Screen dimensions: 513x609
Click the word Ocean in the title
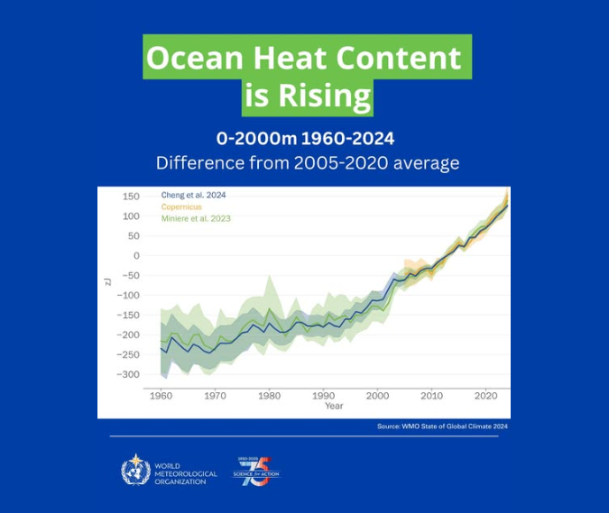coord(189,59)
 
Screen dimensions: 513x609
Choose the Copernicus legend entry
coord(181,206)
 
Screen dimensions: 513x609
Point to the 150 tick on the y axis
coord(131,197)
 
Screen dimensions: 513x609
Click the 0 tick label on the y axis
coord(136,256)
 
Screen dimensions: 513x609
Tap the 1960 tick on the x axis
coord(161,395)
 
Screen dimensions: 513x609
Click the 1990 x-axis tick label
coord(324,395)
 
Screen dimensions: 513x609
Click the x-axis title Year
coord(334,406)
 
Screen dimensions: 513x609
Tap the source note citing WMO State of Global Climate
coord(442,426)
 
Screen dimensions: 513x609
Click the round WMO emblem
coord(136,470)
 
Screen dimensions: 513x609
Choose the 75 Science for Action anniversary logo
coord(257,470)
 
